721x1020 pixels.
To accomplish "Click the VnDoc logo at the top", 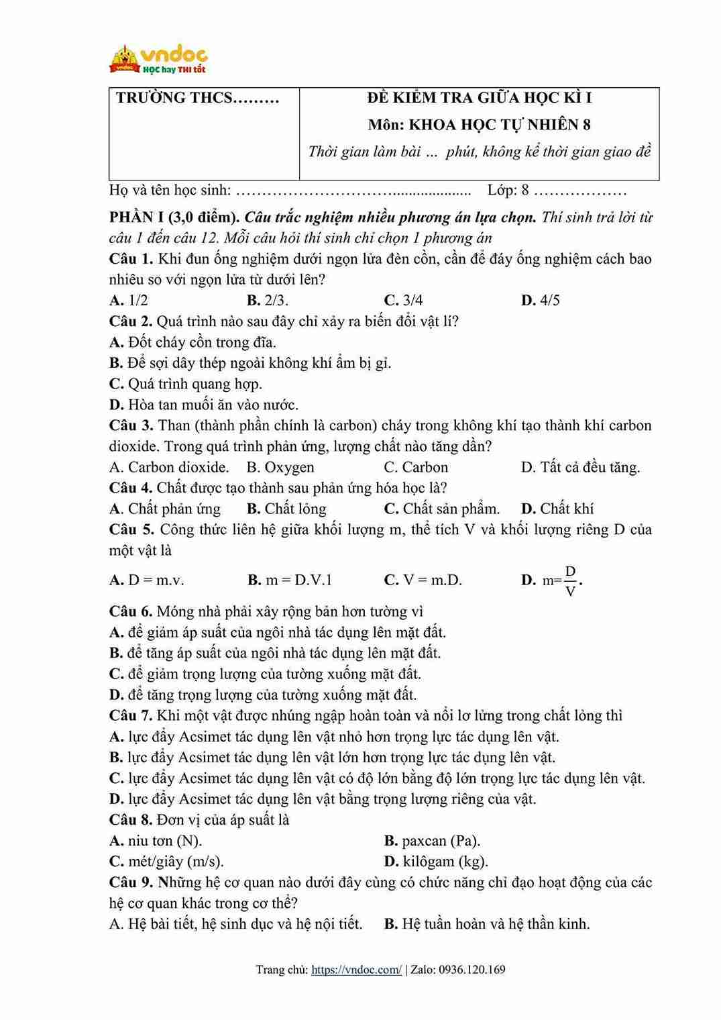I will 158,59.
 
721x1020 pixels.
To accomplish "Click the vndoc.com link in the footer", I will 357,969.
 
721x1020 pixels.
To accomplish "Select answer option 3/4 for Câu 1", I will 404,300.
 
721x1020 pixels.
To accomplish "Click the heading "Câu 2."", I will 131,321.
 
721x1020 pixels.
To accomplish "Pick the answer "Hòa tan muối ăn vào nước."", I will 204,405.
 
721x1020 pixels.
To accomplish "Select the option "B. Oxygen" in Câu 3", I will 280,467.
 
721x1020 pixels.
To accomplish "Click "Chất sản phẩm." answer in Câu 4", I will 442,509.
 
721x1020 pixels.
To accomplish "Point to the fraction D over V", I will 570,581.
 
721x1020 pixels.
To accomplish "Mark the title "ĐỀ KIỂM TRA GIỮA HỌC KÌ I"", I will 479,98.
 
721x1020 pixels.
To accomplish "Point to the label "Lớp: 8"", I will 508,191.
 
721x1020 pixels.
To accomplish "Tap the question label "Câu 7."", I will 131,715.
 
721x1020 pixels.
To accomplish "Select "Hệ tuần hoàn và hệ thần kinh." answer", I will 487,924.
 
